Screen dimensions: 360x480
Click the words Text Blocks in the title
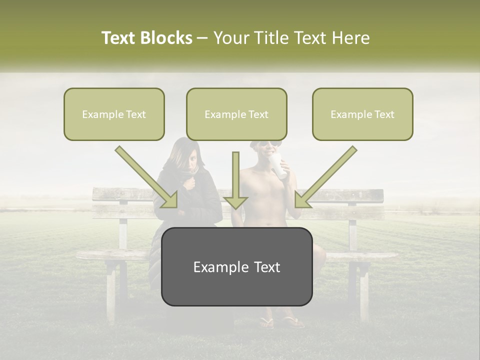(146, 38)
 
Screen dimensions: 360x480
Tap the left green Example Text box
(114, 114)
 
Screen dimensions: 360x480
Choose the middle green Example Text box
(236, 114)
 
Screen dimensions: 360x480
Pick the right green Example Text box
(362, 114)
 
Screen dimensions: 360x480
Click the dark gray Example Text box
(236, 266)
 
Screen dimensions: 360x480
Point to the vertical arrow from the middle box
(235, 180)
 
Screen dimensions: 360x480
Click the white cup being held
(279, 166)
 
